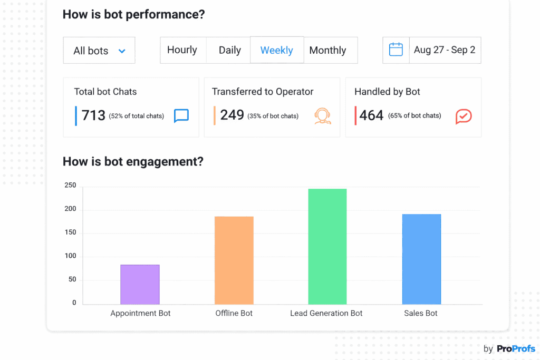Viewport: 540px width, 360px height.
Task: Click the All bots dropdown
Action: tap(99, 51)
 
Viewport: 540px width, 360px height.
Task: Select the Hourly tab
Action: tap(182, 50)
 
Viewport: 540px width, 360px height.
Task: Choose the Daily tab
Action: tap(230, 50)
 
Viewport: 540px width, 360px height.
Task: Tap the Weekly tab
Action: tap(277, 50)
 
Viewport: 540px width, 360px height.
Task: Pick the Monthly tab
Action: tap(327, 50)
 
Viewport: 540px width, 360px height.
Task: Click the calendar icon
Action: tap(396, 50)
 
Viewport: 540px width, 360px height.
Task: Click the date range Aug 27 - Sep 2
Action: tap(445, 50)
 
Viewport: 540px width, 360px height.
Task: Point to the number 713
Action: tap(94, 115)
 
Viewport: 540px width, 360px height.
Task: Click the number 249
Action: tap(232, 115)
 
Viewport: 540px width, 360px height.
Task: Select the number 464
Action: tap(371, 115)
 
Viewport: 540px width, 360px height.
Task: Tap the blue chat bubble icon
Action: tap(181, 115)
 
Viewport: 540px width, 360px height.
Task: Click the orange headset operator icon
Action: tap(323, 116)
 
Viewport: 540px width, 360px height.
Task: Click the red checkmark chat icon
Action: tap(464, 116)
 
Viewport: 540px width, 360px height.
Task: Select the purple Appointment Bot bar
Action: tap(140, 285)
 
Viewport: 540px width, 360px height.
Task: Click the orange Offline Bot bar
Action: tap(234, 260)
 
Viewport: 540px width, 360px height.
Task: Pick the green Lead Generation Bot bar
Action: tap(327, 246)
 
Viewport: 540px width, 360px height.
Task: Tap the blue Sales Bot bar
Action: tap(421, 259)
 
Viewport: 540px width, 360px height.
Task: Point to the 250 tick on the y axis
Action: tap(71, 186)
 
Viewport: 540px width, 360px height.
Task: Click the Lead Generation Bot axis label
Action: tap(326, 313)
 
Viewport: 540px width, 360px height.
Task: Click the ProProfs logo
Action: tap(516, 348)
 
